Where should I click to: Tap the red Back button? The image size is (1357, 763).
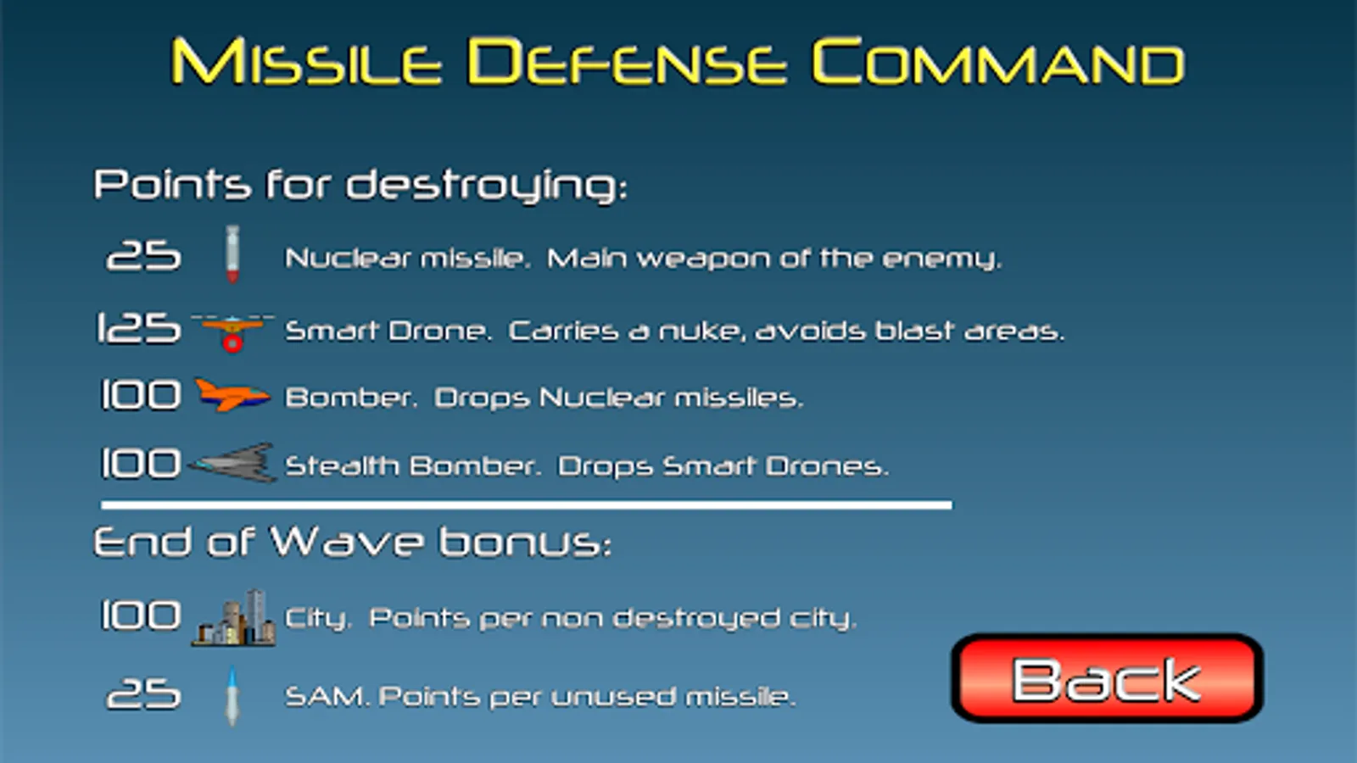[1107, 678]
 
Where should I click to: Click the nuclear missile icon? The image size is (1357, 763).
[232, 254]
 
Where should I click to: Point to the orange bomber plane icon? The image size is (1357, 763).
[232, 395]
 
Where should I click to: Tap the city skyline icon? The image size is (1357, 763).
[234, 618]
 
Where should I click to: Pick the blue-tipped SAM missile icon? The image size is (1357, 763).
[232, 696]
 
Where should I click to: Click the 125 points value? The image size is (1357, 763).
[139, 329]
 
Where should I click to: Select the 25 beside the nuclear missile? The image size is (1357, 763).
[143, 255]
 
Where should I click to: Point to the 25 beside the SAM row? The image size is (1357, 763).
[143, 694]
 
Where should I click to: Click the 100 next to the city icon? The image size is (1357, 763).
[141, 615]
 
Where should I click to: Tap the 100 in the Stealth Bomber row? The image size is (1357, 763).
[141, 464]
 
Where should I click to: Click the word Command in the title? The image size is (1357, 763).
[997, 61]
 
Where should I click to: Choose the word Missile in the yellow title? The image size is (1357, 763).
[306, 61]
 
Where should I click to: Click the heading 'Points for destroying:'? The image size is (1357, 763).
[360, 186]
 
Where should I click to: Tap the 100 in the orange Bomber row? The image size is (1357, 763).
[141, 395]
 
